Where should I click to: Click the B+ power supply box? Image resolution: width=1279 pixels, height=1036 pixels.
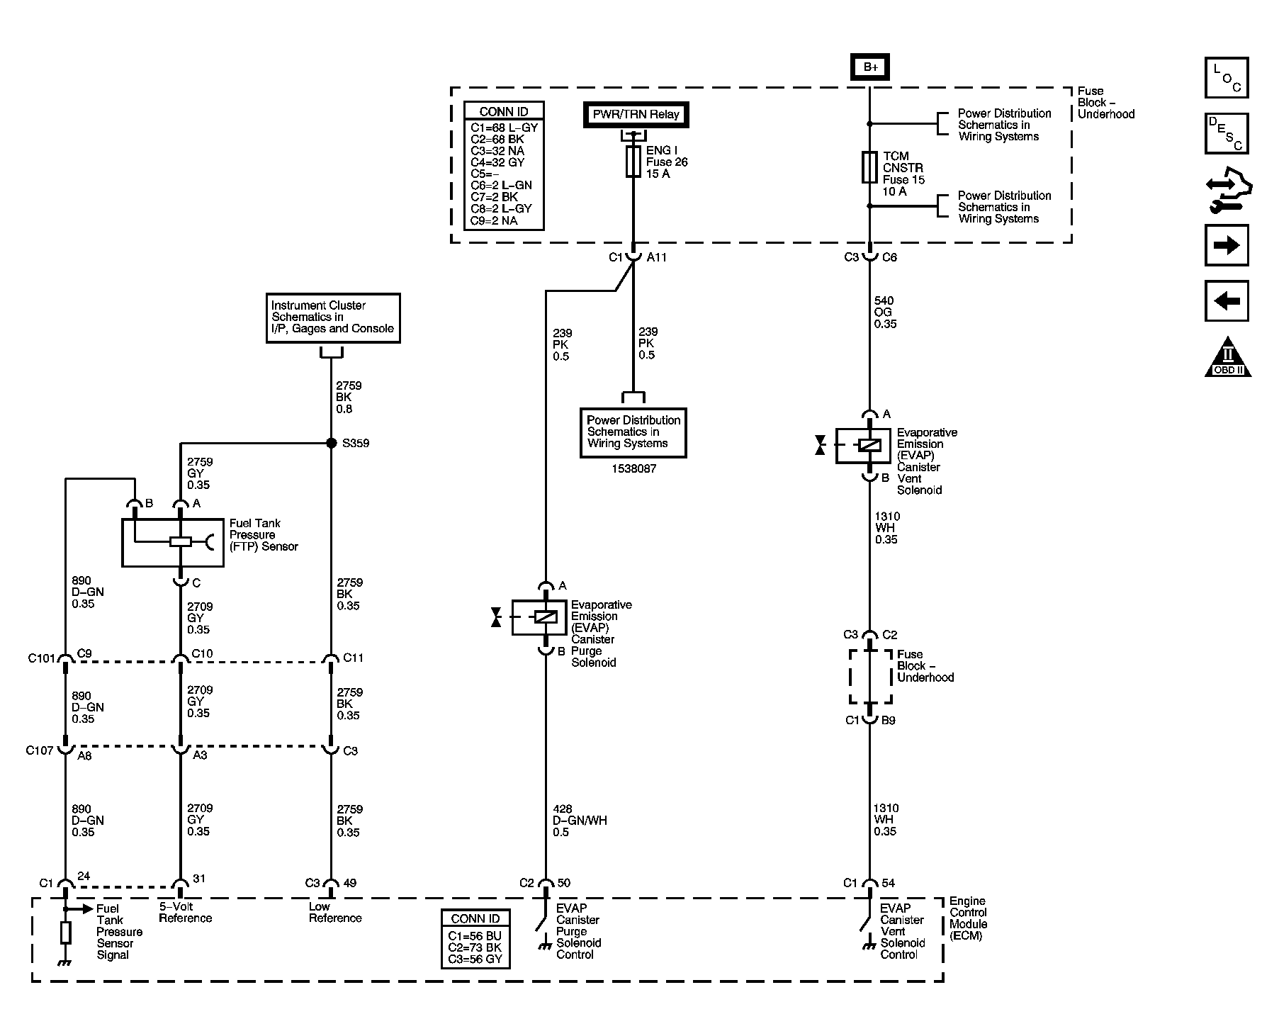click(869, 67)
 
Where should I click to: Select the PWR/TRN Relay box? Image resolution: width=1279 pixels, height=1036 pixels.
click(636, 115)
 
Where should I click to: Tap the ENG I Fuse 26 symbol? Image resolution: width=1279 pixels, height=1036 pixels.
click(633, 162)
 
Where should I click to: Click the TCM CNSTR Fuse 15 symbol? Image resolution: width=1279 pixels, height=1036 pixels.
click(869, 167)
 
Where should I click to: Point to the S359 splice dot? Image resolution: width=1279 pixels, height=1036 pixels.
click(331, 444)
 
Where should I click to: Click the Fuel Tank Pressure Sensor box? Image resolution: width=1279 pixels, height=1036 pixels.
click(173, 543)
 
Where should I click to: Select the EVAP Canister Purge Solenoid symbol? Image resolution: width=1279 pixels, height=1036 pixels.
click(539, 617)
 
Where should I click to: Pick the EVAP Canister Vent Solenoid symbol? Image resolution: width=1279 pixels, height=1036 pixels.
click(862, 446)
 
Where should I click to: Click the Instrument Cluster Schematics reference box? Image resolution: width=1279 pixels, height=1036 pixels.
click(333, 318)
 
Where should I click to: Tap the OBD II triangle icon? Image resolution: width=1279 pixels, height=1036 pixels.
click(1228, 358)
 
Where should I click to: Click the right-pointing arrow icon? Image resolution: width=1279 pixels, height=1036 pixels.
click(1227, 245)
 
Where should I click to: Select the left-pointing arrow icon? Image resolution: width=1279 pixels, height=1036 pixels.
click(1227, 301)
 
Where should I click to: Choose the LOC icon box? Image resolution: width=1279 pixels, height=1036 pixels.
click(1227, 77)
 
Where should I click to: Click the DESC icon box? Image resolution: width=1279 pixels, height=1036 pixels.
click(1227, 133)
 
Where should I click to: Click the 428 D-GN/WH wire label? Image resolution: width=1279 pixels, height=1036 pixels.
click(580, 821)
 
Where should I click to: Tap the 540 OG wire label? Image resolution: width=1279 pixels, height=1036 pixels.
click(885, 313)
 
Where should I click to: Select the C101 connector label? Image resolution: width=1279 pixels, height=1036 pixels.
click(42, 658)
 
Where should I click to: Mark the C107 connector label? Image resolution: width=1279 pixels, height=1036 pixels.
click(40, 750)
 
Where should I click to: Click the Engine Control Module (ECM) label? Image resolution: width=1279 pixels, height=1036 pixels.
click(968, 918)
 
